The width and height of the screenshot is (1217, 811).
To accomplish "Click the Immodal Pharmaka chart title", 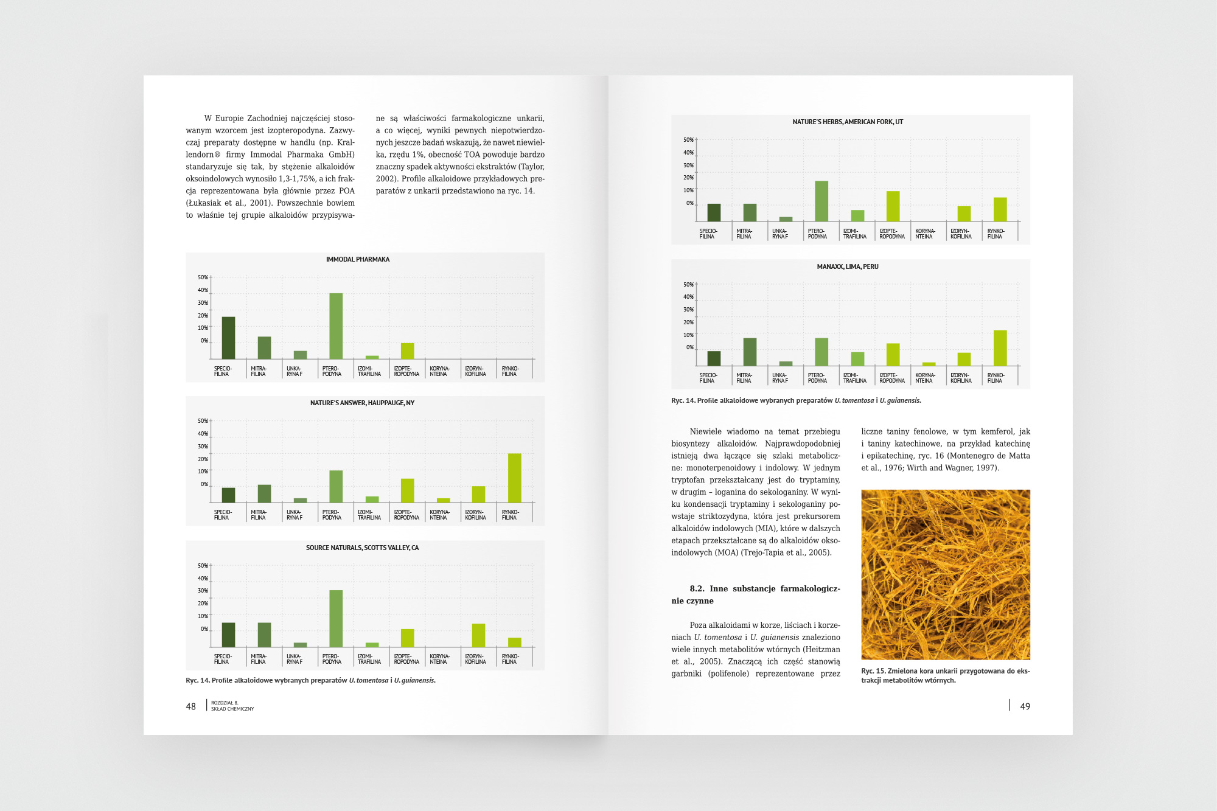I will pyautogui.click(x=357, y=260).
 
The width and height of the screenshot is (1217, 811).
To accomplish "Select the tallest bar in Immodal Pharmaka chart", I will pyautogui.click(x=336, y=326).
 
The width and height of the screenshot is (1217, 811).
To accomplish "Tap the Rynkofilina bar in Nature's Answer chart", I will pyautogui.click(x=514, y=478).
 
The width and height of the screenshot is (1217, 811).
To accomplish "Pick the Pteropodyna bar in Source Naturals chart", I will pyautogui.click(x=336, y=618).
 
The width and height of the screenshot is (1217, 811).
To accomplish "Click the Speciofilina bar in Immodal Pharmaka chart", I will pyautogui.click(x=228, y=338).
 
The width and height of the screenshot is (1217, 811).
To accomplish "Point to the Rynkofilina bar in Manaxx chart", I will pyautogui.click(x=1000, y=348).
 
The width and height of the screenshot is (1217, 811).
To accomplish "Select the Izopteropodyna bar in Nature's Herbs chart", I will pyautogui.click(x=893, y=206).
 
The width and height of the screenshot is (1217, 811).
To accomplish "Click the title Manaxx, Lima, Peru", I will pyautogui.click(x=847, y=267).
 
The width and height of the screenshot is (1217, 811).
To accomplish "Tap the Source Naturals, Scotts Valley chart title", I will pyautogui.click(x=362, y=548).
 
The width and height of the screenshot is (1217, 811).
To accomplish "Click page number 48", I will pyautogui.click(x=191, y=706).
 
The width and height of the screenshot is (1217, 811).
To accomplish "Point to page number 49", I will pyautogui.click(x=1025, y=706).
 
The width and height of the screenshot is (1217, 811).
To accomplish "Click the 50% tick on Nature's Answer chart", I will pyautogui.click(x=203, y=421).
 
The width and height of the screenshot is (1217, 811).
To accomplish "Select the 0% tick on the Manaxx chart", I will pyautogui.click(x=689, y=347).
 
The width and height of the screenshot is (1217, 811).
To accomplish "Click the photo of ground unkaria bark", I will pyautogui.click(x=945, y=574).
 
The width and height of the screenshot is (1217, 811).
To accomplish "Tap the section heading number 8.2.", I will pyautogui.click(x=697, y=589).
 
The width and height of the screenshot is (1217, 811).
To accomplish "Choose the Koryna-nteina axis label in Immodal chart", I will pyautogui.click(x=439, y=371).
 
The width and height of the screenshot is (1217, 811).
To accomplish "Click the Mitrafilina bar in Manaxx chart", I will pyautogui.click(x=750, y=352).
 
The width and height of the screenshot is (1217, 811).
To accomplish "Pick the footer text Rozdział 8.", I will pyautogui.click(x=225, y=703).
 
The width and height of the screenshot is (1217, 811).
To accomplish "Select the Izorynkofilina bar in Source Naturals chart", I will pyautogui.click(x=478, y=635).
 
